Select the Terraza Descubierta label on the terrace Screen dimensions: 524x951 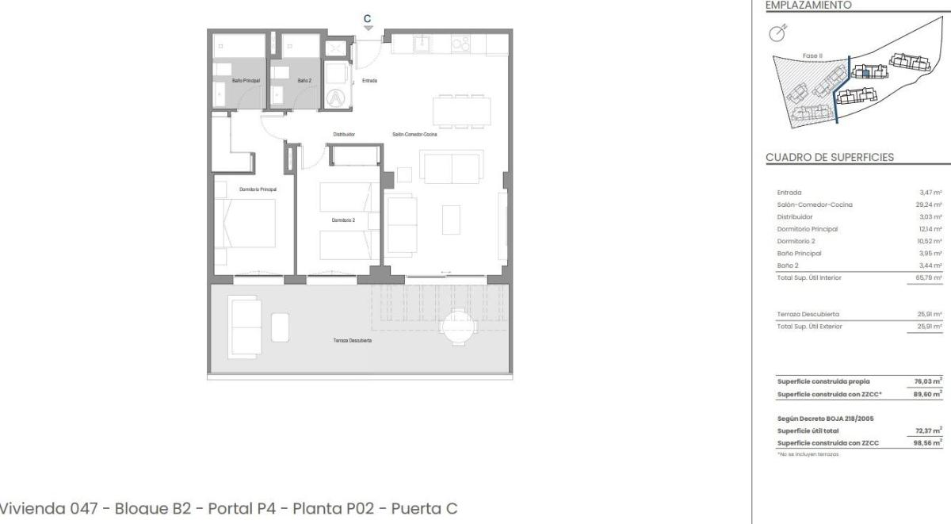(x=353, y=340)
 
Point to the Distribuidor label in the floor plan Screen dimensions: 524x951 (x=344, y=135)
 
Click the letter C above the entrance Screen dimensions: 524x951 (x=367, y=18)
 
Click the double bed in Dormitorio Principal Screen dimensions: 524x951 (x=245, y=226)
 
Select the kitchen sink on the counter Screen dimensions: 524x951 (x=423, y=44)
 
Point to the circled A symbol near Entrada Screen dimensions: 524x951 (x=338, y=98)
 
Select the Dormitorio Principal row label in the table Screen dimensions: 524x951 (x=808, y=228)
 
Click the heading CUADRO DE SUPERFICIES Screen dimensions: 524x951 (x=830, y=157)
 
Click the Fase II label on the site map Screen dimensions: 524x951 (x=812, y=55)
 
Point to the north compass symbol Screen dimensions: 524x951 (x=778, y=33)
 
